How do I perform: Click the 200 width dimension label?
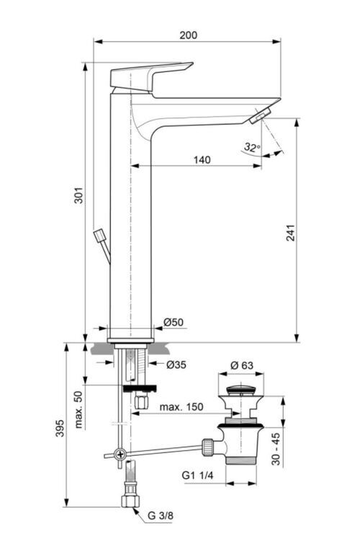(x=189, y=35)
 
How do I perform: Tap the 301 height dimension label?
(x=79, y=195)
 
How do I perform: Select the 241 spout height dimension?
(x=290, y=233)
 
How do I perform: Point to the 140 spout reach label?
(x=202, y=160)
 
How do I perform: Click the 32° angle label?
(x=252, y=147)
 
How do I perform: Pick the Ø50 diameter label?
(x=173, y=322)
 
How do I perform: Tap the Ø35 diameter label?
(x=176, y=364)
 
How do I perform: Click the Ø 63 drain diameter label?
(x=241, y=365)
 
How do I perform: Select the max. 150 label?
(x=181, y=407)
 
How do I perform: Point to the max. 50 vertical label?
(x=78, y=410)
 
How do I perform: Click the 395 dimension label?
(x=60, y=428)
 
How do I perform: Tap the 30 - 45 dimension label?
(x=276, y=449)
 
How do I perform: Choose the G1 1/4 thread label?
(x=197, y=475)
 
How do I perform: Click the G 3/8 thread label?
(x=161, y=516)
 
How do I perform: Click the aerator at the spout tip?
(x=260, y=117)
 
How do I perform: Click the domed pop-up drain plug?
(x=240, y=390)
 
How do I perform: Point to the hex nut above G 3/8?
(x=130, y=501)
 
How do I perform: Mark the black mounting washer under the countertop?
(x=139, y=389)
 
